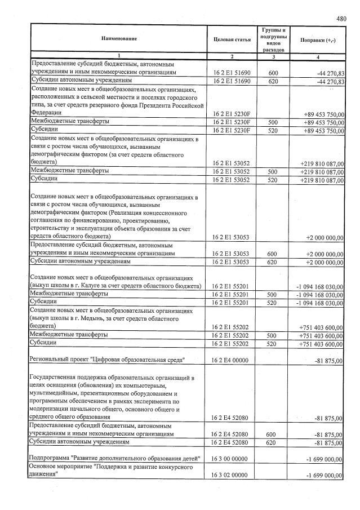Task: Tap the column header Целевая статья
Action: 232,39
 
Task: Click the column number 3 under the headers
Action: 273,57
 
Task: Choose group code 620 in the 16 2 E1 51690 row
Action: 273,82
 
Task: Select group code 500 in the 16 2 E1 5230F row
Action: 273,122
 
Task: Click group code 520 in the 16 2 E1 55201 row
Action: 273,303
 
